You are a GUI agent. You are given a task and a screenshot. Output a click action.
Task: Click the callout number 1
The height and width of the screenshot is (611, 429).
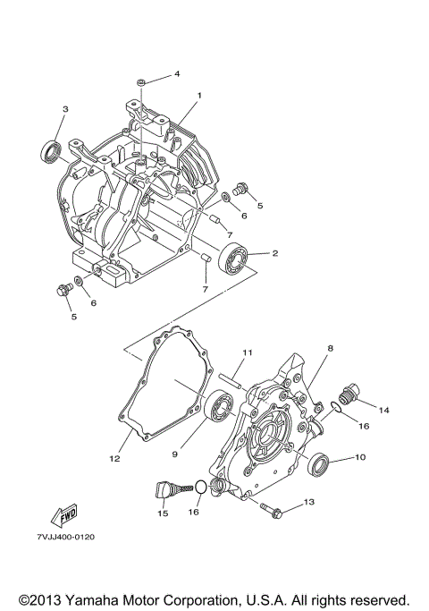pyautogui.click(x=200, y=95)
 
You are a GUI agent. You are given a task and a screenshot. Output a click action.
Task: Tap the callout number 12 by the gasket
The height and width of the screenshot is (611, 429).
pyautogui.click(x=114, y=459)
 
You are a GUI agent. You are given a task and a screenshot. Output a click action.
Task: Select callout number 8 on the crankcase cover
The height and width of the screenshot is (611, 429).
pyautogui.click(x=329, y=348)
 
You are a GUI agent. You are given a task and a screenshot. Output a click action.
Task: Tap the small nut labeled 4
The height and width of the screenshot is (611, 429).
pyautogui.click(x=143, y=83)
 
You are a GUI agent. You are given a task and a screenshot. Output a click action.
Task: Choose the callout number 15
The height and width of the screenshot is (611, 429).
pyautogui.click(x=162, y=513)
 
